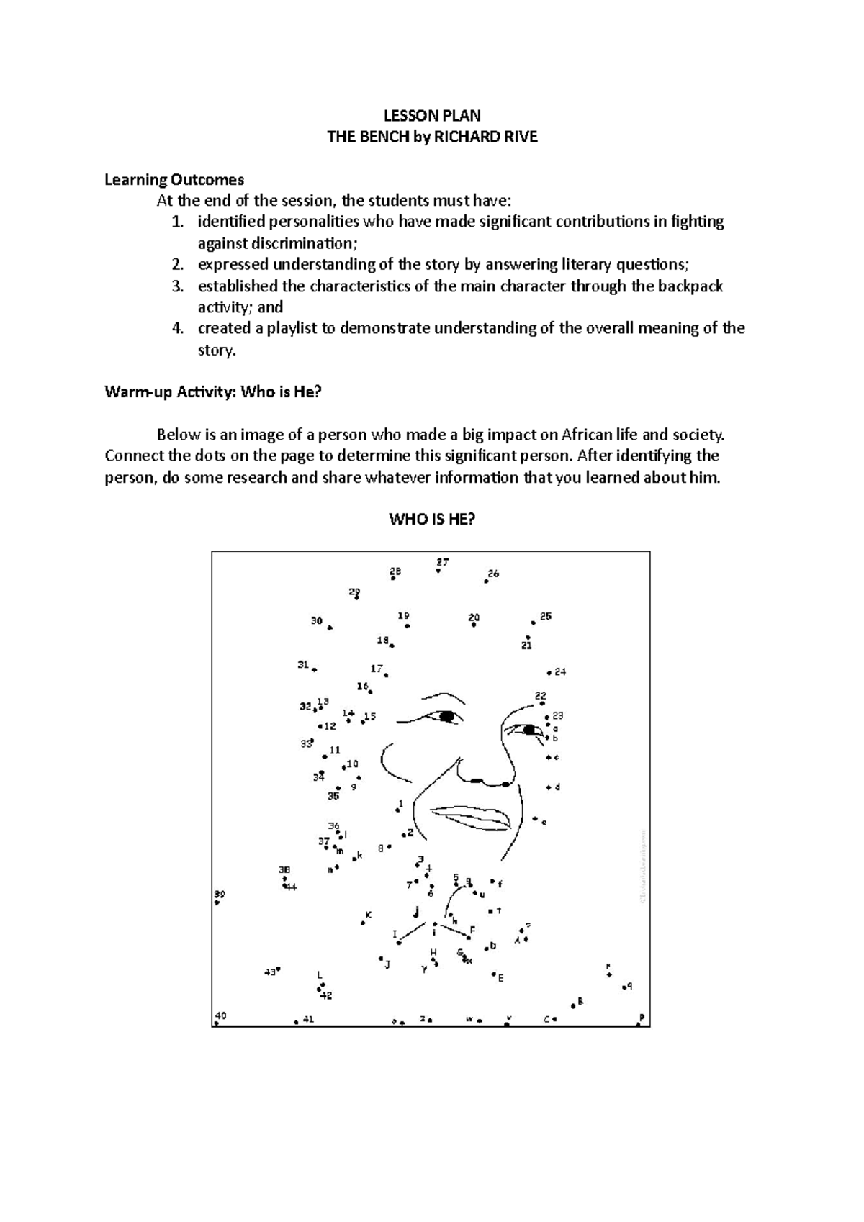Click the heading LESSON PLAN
click(x=432, y=116)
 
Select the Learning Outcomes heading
click(x=174, y=179)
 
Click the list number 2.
click(x=178, y=264)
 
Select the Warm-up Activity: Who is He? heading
click(x=212, y=392)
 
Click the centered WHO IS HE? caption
click(x=432, y=520)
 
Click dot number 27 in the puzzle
click(x=438, y=570)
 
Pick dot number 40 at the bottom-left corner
click(x=217, y=1023)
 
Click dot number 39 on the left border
click(x=217, y=902)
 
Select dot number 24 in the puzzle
click(x=549, y=673)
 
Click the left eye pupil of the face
click(x=448, y=716)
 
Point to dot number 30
click(x=330, y=628)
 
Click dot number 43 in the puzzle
click(x=278, y=969)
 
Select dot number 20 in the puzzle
click(x=474, y=625)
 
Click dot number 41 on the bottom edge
click(x=297, y=1021)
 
